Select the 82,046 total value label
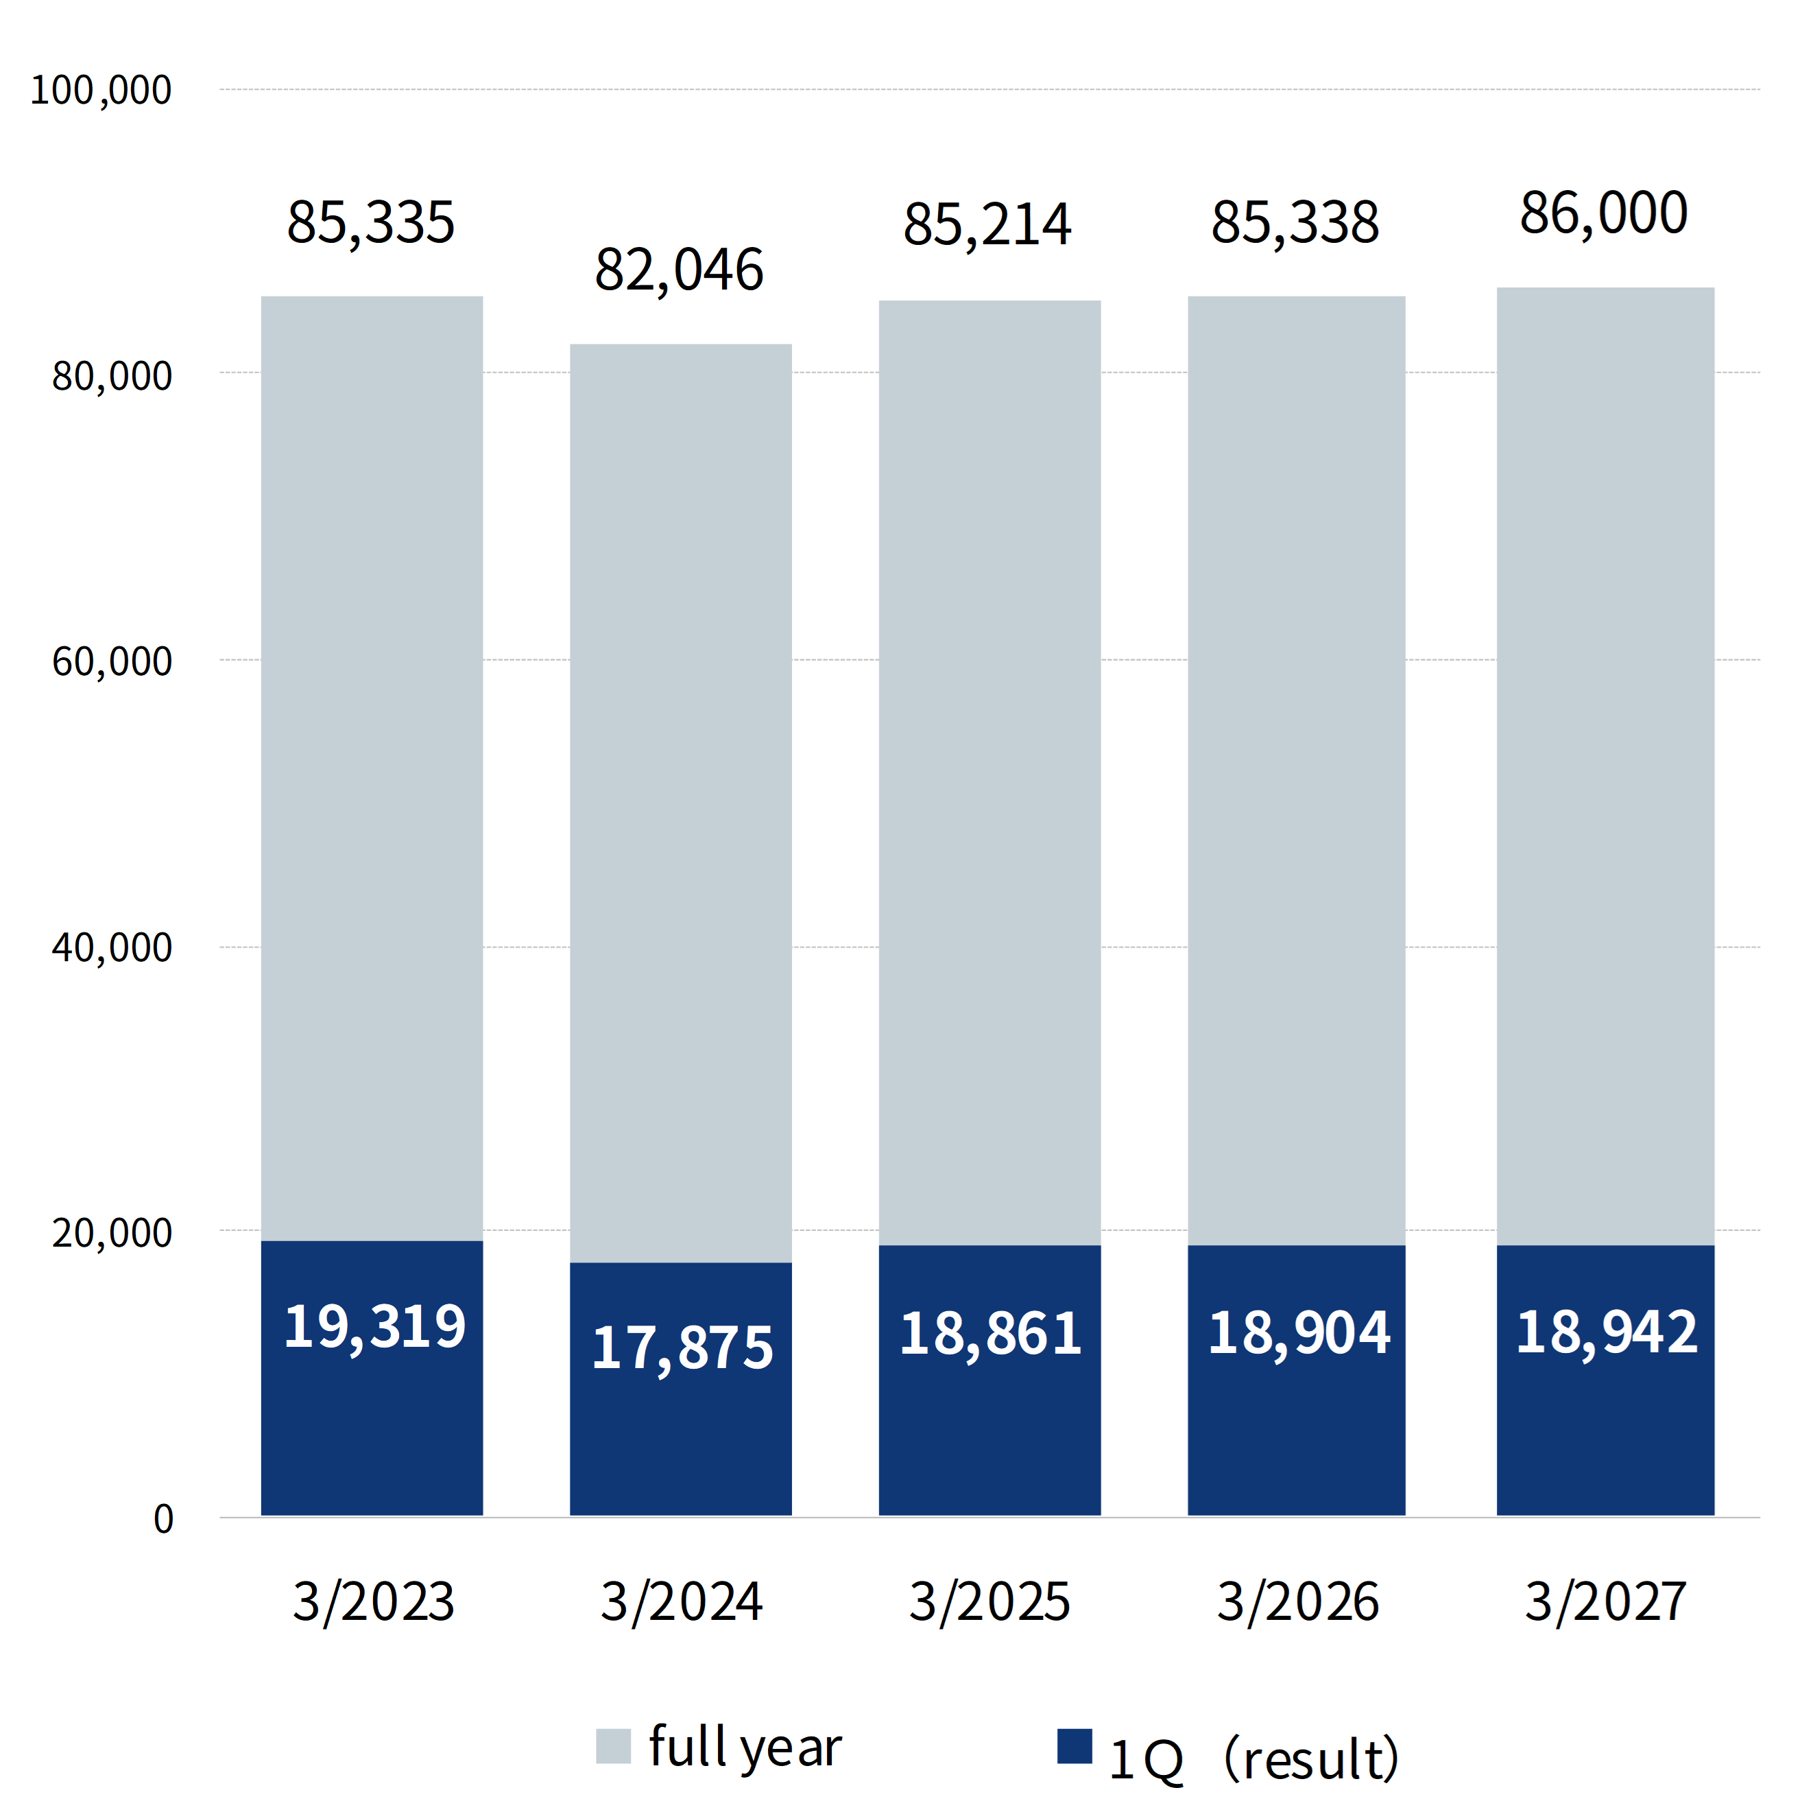pos(679,271)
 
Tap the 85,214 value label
pos(987,226)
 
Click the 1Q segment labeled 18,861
pos(989,1380)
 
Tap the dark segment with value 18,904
pos(1297,1380)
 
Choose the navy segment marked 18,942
pos(1605,1380)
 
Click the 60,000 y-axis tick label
pos(112,662)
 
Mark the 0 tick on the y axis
pos(163,1520)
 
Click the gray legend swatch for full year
pos(613,1746)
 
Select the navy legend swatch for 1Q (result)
pos(1074,1746)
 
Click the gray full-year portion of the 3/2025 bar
pos(989,773)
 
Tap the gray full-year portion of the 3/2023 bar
pos(372,768)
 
